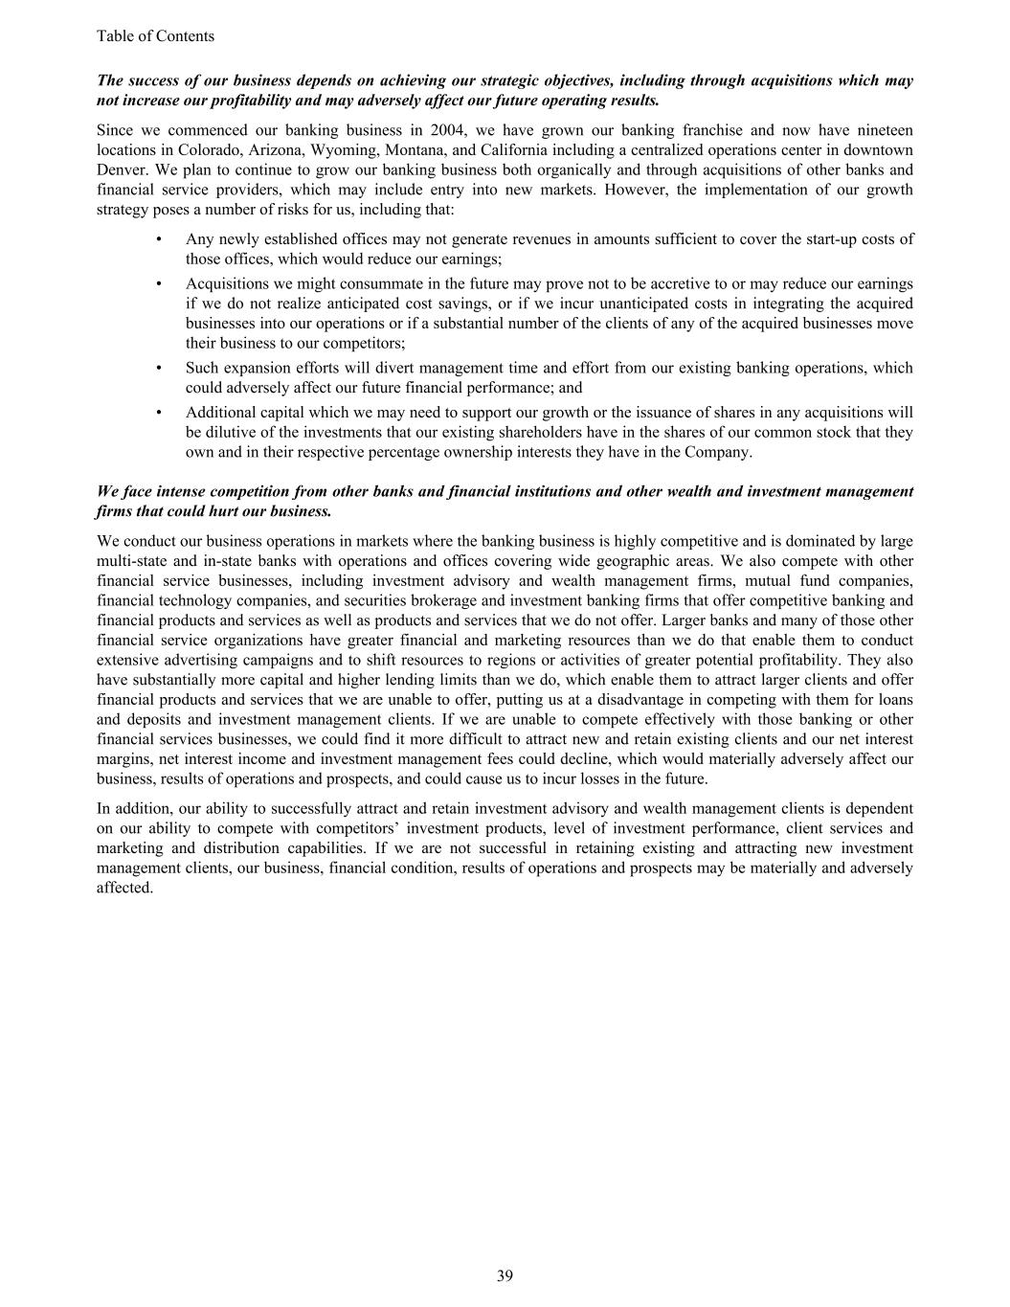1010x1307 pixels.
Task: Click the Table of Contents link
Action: (155, 36)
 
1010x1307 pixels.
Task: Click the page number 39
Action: (505, 1275)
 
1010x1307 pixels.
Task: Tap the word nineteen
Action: (883, 130)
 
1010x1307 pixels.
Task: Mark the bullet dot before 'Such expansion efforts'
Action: (158, 369)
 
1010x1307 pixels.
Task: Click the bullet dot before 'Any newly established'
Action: (158, 239)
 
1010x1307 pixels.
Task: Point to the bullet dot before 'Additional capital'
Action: (158, 413)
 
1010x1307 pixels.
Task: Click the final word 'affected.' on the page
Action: (125, 888)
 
